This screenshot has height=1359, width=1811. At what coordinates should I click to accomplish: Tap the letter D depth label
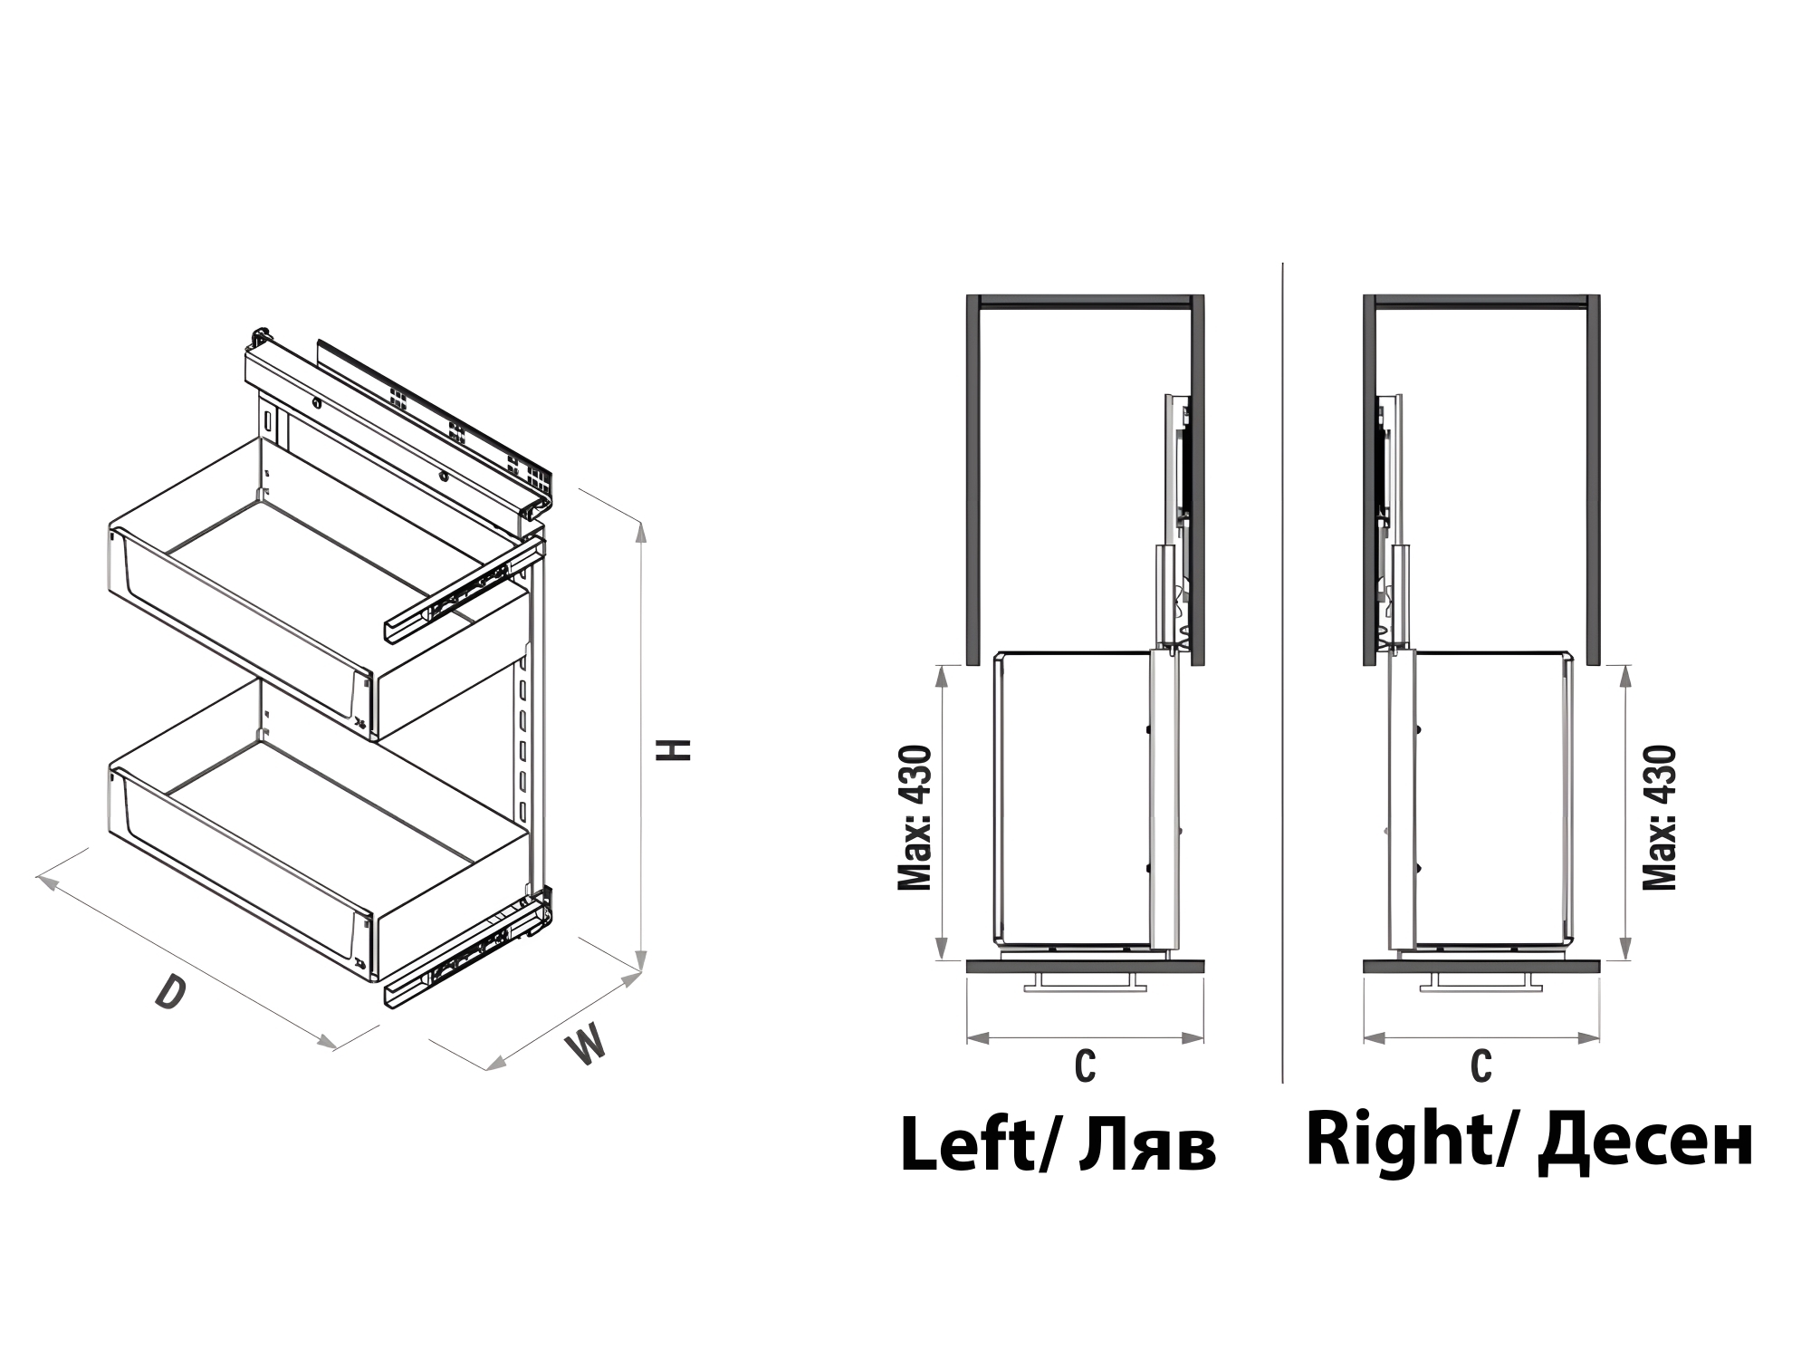[x=170, y=992]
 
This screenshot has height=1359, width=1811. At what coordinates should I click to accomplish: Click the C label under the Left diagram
[x=1085, y=1066]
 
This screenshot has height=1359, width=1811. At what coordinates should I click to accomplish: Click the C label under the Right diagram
[x=1481, y=1066]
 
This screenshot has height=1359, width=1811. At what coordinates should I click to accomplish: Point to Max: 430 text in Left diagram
[x=915, y=817]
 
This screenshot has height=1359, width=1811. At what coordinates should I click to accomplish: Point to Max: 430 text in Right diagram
[x=1659, y=817]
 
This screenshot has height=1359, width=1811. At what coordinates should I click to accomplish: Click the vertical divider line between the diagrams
[x=1282, y=672]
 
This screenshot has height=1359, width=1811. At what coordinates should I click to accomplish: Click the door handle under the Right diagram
[x=1481, y=983]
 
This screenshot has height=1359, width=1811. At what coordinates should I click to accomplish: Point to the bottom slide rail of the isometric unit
[x=466, y=951]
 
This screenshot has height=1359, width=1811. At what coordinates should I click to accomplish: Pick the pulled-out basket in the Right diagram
[x=1489, y=801]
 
